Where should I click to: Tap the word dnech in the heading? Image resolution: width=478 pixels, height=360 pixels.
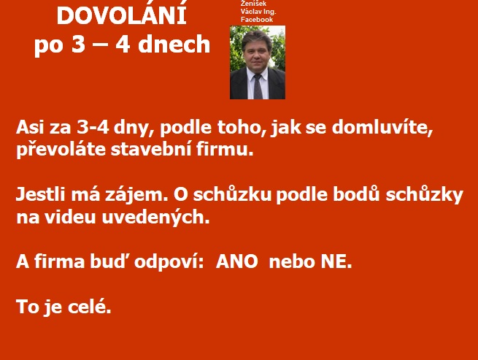click(x=174, y=45)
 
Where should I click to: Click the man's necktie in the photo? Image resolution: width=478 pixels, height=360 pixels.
click(x=258, y=86)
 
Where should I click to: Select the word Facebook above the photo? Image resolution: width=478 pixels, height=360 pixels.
click(x=257, y=20)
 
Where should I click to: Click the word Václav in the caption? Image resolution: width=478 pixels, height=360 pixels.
click(x=249, y=12)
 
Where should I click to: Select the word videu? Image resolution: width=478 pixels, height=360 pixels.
click(x=70, y=217)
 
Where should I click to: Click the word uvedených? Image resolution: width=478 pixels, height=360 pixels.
click(x=155, y=218)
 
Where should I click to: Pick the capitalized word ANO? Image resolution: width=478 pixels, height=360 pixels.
click(x=236, y=261)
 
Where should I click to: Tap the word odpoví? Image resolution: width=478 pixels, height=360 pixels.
click(x=169, y=262)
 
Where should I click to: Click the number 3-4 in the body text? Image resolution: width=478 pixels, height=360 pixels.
click(x=93, y=127)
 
